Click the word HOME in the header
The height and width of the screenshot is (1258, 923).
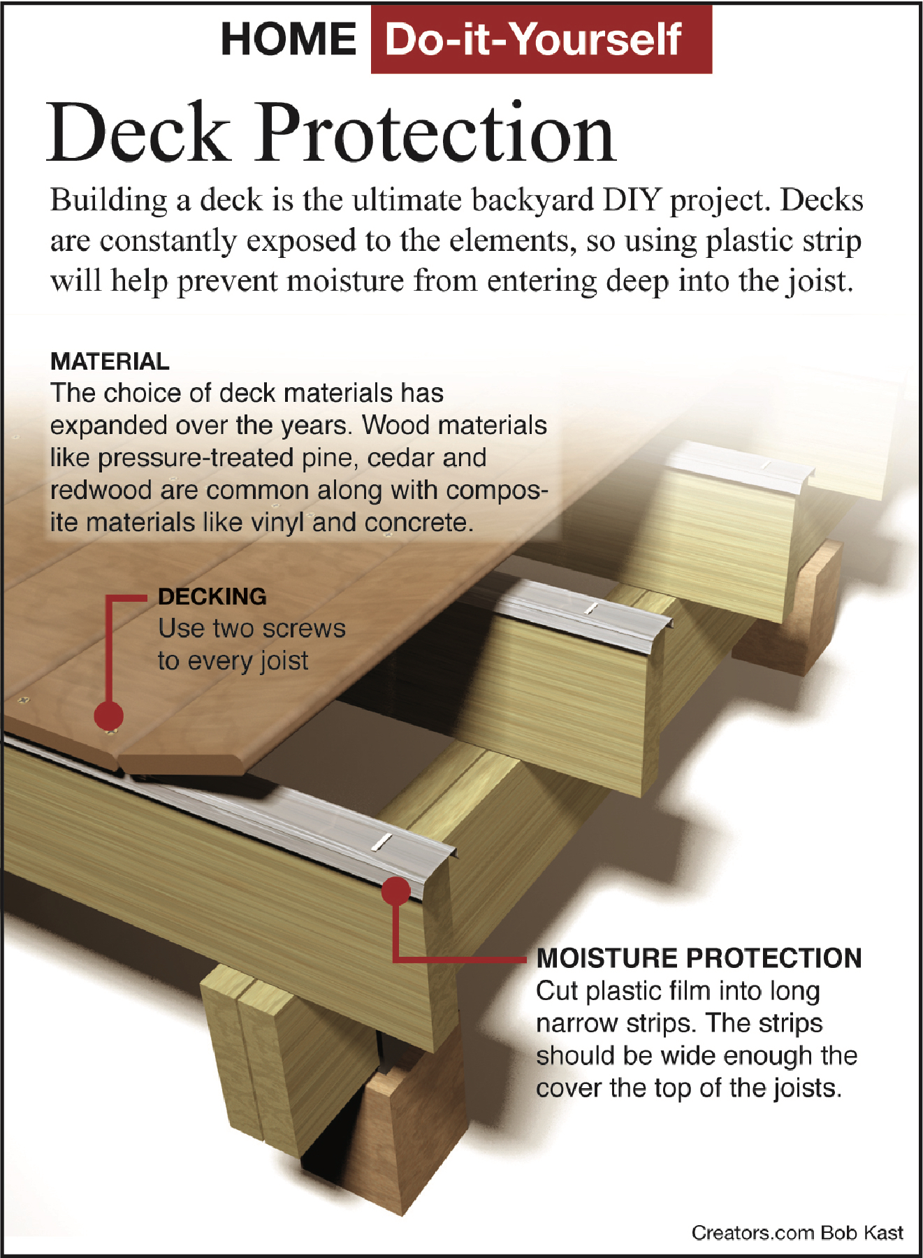[289, 39]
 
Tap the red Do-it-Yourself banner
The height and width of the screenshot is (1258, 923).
[541, 39]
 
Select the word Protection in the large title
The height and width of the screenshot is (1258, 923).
[437, 133]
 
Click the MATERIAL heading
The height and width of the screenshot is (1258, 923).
[110, 361]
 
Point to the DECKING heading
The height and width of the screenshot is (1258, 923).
[212, 596]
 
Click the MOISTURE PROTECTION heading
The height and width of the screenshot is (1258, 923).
[699, 958]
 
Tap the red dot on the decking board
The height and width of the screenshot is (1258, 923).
[109, 716]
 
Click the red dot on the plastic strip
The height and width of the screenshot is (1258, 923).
[396, 891]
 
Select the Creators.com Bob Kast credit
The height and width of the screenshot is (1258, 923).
[797, 1233]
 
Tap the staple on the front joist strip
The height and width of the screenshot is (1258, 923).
[381, 842]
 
